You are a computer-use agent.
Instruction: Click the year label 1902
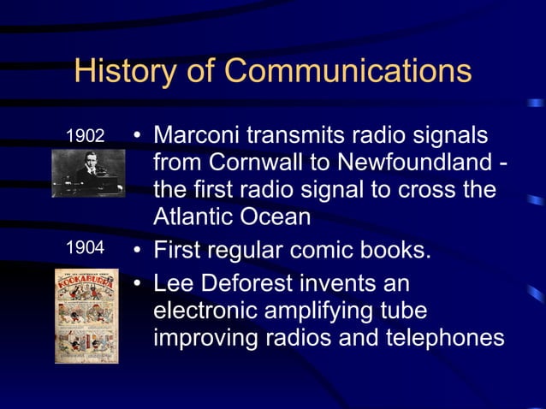click(85, 136)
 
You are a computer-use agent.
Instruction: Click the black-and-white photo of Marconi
click(87, 171)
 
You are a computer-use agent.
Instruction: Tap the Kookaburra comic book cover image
click(87, 315)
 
